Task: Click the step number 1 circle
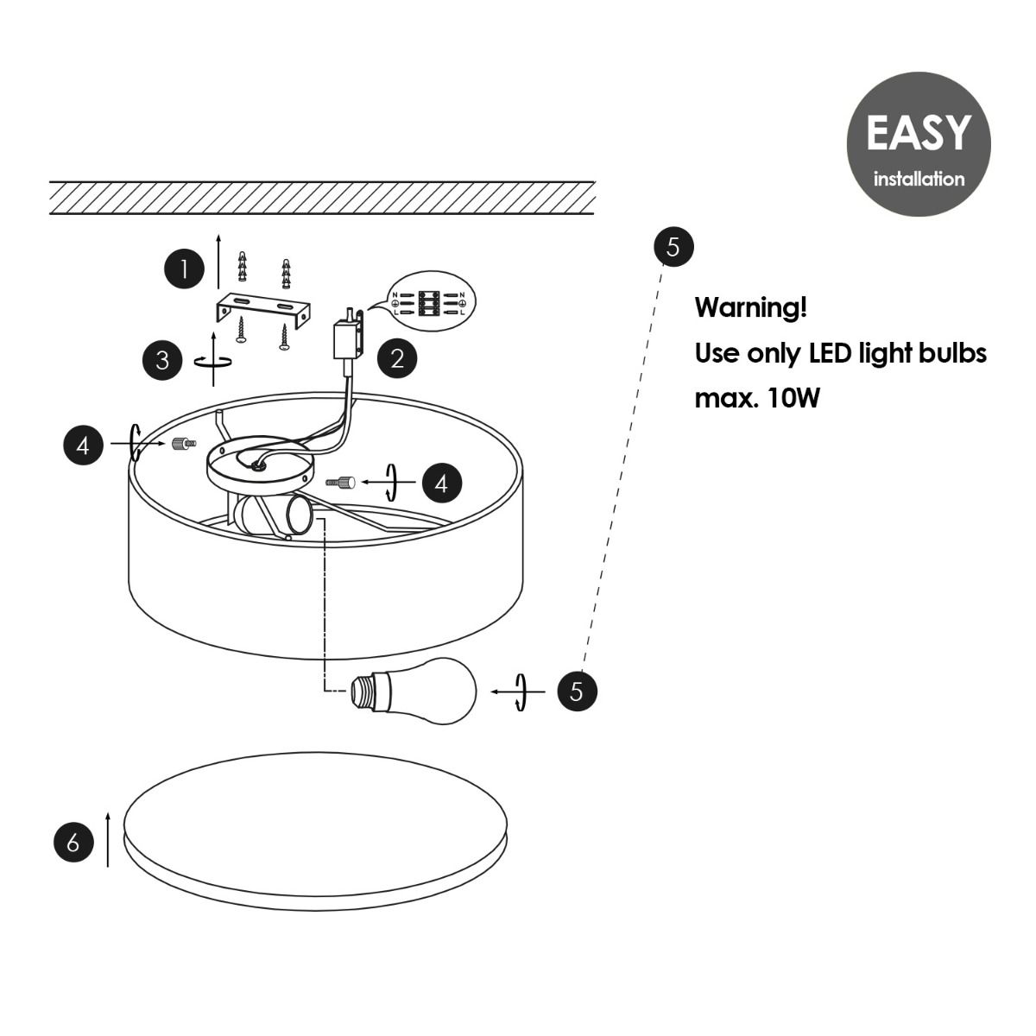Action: tap(185, 268)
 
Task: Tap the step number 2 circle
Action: tap(397, 358)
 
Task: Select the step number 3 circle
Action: tap(163, 360)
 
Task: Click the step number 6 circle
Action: tap(73, 842)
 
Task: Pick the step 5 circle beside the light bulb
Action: tap(577, 691)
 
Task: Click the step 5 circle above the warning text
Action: tap(673, 247)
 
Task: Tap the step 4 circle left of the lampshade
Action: tap(84, 445)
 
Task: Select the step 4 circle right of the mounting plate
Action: tap(442, 483)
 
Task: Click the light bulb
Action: tap(413, 691)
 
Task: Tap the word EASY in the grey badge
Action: tap(919, 132)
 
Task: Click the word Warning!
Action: tap(751, 307)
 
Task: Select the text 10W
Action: tap(794, 398)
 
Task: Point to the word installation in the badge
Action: tap(919, 179)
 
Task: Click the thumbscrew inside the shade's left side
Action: tap(183, 444)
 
